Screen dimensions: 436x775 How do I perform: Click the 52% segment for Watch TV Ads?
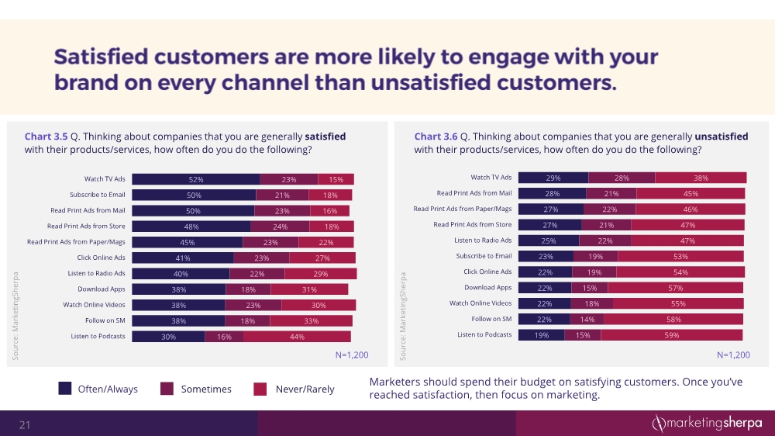(195, 179)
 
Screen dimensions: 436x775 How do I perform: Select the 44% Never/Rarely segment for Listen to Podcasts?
(297, 337)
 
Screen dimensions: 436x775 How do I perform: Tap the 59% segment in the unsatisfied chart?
(671, 335)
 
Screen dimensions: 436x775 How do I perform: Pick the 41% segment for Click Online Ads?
(182, 258)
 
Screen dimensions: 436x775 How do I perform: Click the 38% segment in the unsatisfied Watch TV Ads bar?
(700, 178)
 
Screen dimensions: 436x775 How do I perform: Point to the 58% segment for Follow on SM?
(673, 319)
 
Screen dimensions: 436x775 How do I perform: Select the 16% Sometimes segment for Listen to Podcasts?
(224, 337)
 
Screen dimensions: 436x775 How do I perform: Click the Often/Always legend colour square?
(66, 389)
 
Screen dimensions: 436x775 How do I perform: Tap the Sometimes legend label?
(206, 389)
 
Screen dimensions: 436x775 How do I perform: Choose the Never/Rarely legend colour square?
(260, 389)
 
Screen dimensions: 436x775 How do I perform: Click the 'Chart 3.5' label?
(46, 137)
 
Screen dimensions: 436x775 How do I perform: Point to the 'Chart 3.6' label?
(435, 137)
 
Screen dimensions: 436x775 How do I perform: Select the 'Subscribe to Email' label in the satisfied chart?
(98, 195)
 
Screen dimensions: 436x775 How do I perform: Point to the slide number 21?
(25, 424)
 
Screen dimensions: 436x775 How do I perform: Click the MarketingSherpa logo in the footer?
(706, 423)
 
